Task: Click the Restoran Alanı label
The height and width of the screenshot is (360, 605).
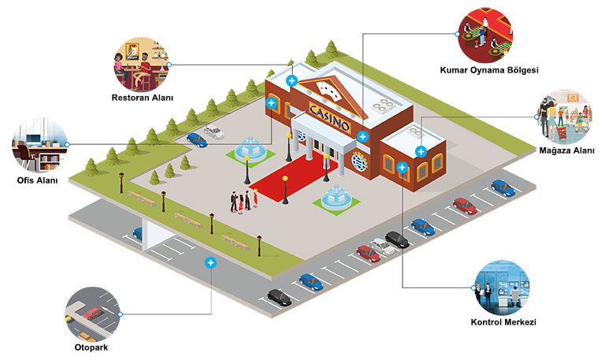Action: click(x=143, y=98)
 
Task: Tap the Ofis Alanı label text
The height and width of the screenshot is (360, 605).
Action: click(x=38, y=180)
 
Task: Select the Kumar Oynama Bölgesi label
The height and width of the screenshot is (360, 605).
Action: click(x=489, y=70)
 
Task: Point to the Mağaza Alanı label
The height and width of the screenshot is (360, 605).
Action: click(x=567, y=150)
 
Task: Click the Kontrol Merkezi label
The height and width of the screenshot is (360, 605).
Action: click(x=503, y=322)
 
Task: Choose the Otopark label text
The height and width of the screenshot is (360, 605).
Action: click(x=91, y=347)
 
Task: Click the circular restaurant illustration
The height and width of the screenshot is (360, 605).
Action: click(x=141, y=64)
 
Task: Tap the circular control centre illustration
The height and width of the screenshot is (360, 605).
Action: click(x=502, y=288)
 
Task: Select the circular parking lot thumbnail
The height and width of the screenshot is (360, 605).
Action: click(x=93, y=314)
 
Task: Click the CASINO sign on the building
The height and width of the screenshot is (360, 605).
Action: click(x=330, y=117)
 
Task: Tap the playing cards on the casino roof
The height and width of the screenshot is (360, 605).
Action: click(x=328, y=91)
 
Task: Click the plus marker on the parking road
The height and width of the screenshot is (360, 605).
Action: click(x=210, y=263)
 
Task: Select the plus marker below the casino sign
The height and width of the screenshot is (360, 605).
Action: click(x=362, y=136)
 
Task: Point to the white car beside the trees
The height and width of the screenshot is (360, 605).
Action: click(x=214, y=132)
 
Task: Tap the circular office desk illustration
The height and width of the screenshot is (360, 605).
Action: click(x=40, y=145)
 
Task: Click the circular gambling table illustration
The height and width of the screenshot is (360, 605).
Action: click(x=485, y=35)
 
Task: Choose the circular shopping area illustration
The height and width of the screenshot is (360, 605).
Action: click(x=564, y=117)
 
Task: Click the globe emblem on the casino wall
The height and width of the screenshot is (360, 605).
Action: click(x=359, y=161)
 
